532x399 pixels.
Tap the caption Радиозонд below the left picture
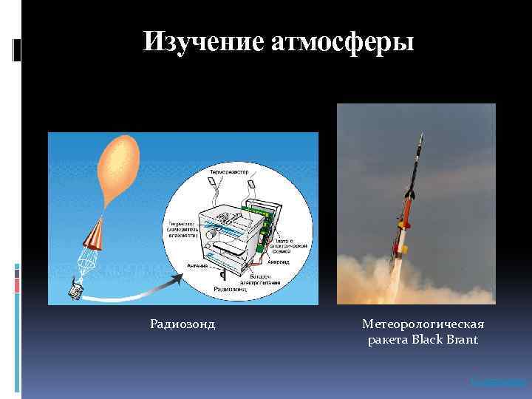(x=183, y=324)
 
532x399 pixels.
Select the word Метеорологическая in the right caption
(x=423, y=324)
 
